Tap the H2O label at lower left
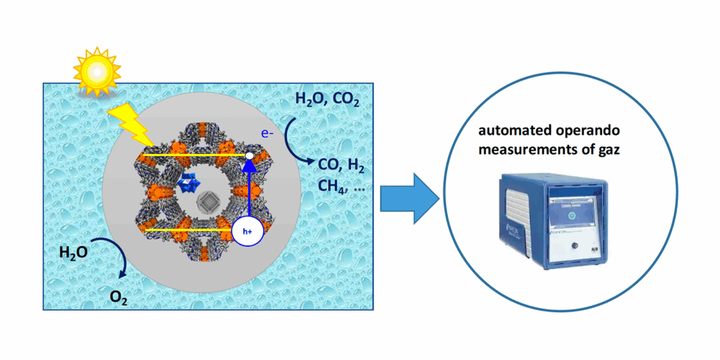pos(73,251)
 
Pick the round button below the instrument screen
pos(575,246)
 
